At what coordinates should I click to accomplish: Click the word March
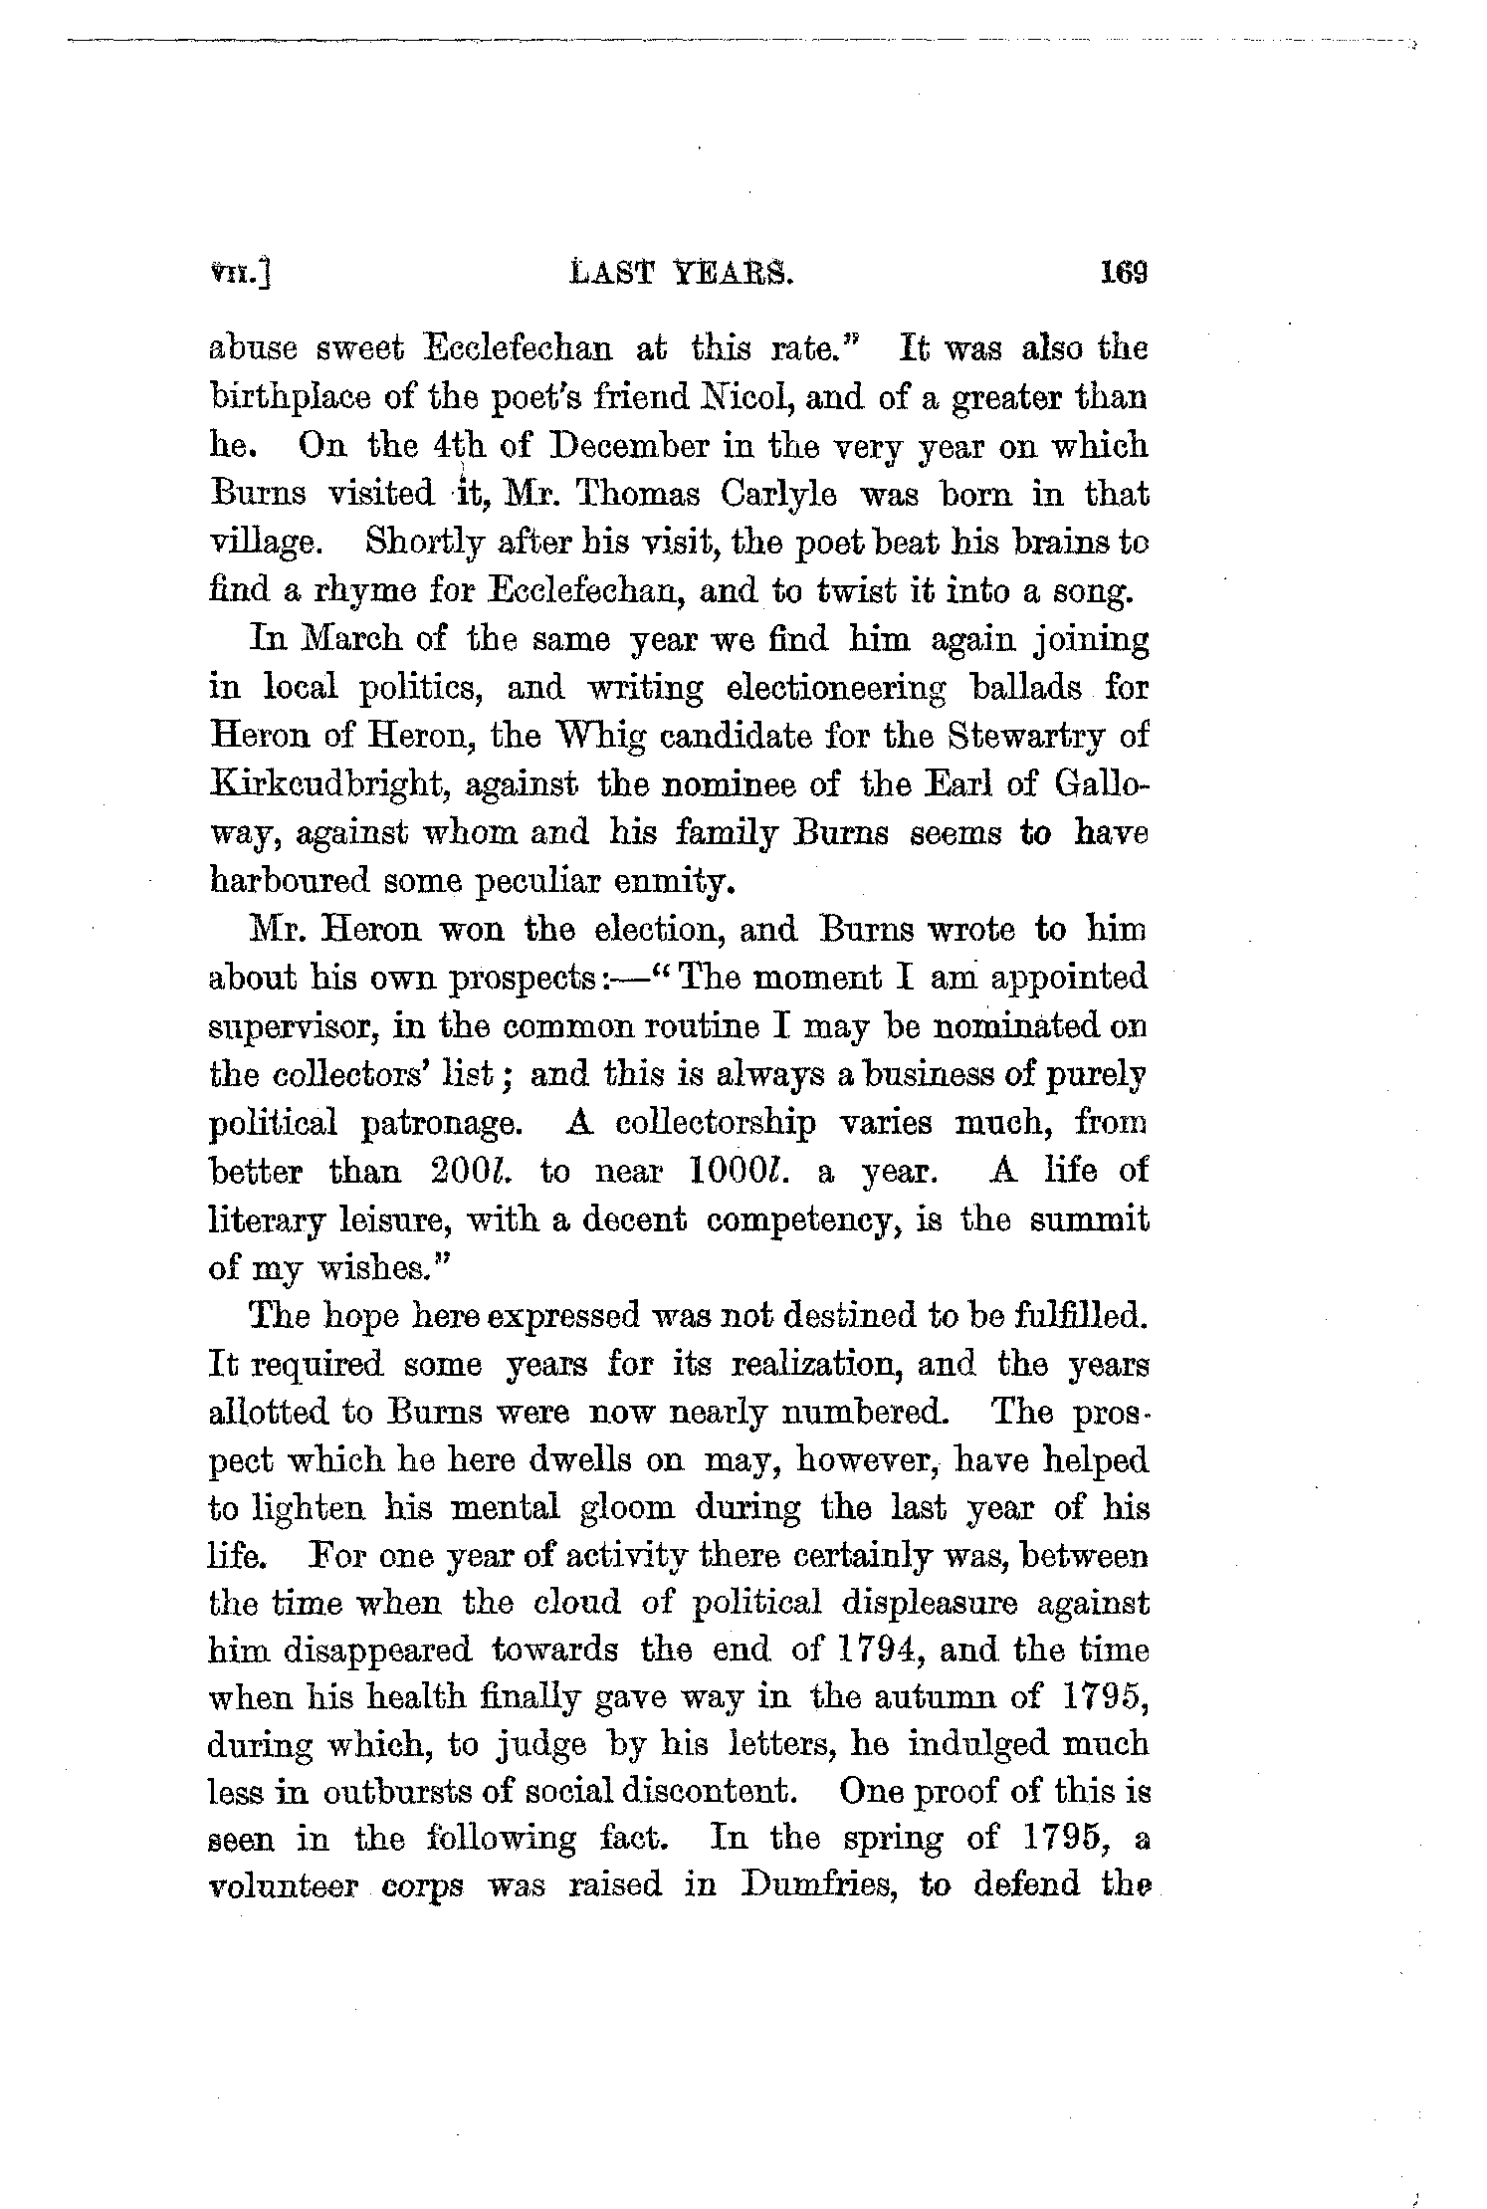349,639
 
